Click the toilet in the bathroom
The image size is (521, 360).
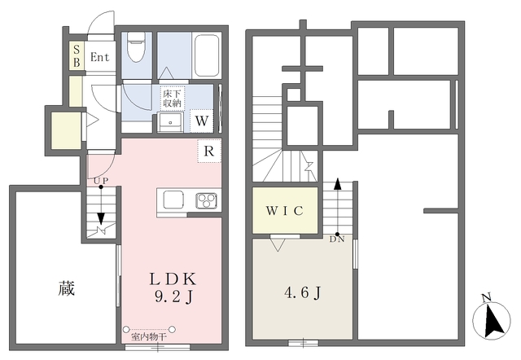[136, 46]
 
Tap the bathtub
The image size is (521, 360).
[206, 55]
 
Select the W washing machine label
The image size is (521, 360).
[202, 121]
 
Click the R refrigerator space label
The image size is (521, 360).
[208, 151]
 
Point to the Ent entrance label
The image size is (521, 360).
[99, 57]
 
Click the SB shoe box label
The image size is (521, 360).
[77, 56]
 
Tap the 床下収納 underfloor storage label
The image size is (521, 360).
[172, 99]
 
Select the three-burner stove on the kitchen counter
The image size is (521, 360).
[207, 200]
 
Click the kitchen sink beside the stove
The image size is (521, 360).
[173, 200]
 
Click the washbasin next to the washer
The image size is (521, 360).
[170, 122]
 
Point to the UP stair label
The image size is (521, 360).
[101, 181]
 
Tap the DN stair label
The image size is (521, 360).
[337, 239]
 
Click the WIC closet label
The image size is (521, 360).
[284, 211]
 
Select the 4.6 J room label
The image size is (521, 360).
[302, 293]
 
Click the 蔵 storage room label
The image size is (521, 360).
[67, 288]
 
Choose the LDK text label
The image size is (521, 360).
[173, 279]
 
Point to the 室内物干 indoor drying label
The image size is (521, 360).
[148, 336]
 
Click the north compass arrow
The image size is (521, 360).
[493, 321]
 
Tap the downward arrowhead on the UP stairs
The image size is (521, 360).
[101, 218]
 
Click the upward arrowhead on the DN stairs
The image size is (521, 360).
[337, 184]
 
